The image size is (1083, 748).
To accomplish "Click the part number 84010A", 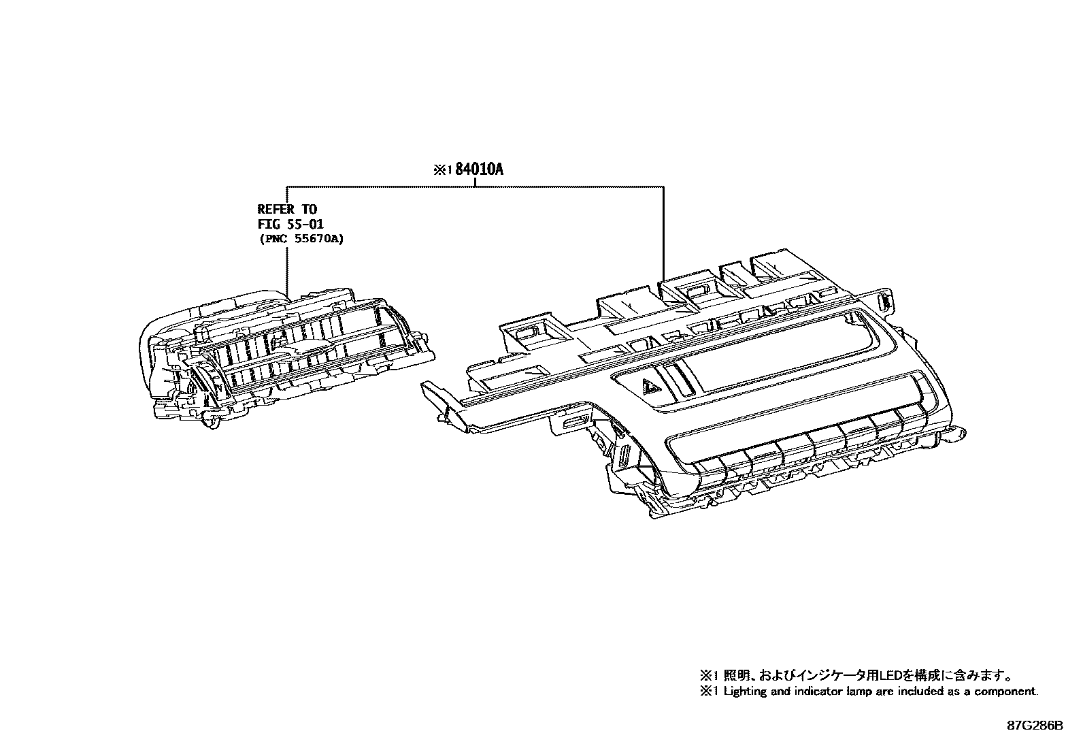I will [480, 170].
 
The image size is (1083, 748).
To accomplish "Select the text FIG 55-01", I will [290, 224].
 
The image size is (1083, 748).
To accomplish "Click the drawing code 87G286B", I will [1035, 726].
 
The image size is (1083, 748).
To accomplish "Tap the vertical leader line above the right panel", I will [663, 231].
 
